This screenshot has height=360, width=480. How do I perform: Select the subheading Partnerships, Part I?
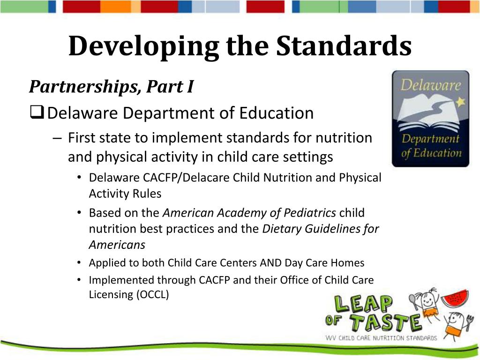click(x=111, y=86)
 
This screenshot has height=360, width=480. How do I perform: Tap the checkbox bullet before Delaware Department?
click(x=37, y=113)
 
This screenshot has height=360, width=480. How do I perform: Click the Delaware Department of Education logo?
click(x=430, y=119)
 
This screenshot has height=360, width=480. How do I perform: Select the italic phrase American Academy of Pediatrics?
click(x=249, y=213)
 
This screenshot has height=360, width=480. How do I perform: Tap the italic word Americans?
click(x=117, y=245)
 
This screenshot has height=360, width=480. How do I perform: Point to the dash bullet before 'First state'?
click(x=57, y=138)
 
